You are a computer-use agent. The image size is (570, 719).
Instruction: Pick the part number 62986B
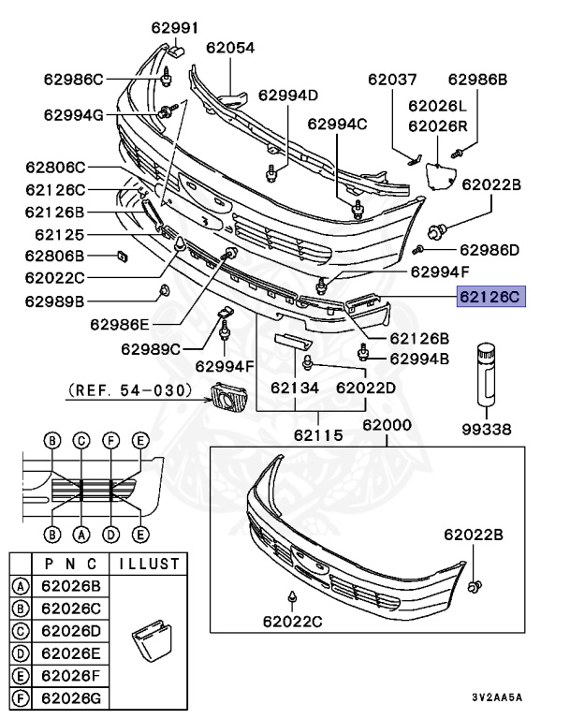tap(476, 80)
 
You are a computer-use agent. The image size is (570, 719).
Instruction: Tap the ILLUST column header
tap(148, 565)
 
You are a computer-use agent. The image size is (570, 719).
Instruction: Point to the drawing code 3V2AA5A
tap(497, 697)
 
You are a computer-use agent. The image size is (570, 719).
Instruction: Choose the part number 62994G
tap(73, 115)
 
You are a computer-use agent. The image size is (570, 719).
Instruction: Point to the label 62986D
tap(490, 250)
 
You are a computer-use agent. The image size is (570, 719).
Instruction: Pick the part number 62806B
tap(54, 256)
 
